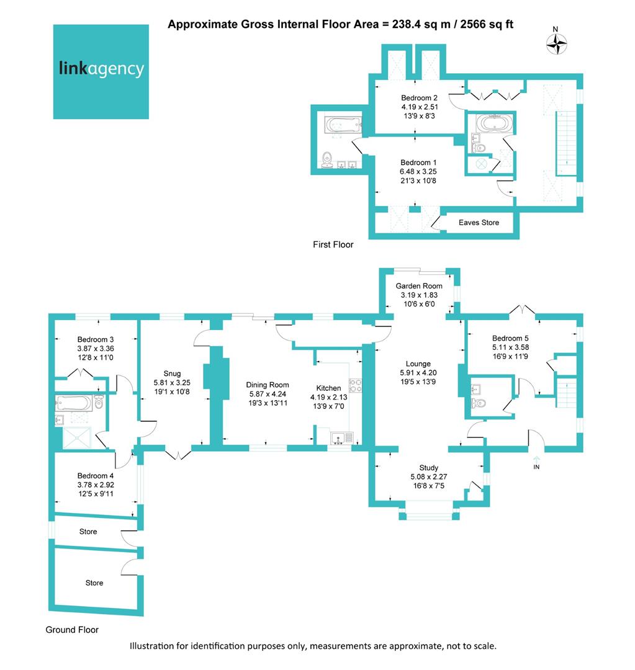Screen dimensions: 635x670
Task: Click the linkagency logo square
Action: tap(101, 72)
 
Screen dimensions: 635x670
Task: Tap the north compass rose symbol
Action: tap(556, 43)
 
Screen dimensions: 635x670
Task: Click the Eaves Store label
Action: tap(479, 223)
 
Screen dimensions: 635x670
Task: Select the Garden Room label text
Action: tap(418, 286)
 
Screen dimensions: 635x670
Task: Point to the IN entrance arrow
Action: tap(537, 459)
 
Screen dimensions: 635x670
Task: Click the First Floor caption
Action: tap(333, 244)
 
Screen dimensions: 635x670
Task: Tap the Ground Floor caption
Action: tap(72, 630)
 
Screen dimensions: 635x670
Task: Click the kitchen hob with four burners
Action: tap(355, 386)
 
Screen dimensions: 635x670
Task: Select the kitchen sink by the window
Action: tap(342, 438)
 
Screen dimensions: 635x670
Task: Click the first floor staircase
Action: tap(566, 143)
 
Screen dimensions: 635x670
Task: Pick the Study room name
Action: tap(428, 468)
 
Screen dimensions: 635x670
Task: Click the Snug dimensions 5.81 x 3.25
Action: tap(172, 383)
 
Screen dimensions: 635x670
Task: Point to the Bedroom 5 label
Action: tap(510, 339)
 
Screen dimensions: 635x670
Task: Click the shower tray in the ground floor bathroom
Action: tap(77, 437)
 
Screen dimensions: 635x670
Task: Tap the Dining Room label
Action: tap(268, 385)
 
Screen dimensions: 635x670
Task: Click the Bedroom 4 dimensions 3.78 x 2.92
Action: tap(96, 485)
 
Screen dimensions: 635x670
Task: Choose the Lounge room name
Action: tap(418, 364)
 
